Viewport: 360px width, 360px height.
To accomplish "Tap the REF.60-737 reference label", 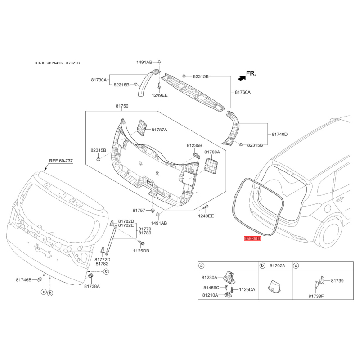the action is pos(61,161).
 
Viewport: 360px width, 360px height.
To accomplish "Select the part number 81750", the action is pos(122,106).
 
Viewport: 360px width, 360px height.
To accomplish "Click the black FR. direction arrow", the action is pos(242,78).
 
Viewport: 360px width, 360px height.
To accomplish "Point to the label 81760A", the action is pos(243,92).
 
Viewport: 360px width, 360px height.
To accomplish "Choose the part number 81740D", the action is pos(279,134).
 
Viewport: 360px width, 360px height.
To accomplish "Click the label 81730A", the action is pos(99,80).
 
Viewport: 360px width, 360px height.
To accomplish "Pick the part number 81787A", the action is pos(159,130).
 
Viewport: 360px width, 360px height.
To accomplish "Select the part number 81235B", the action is pos(195,146).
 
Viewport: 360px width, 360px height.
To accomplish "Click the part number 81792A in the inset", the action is pos(278,266).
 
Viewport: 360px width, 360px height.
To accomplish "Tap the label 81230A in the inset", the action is pos(210,277).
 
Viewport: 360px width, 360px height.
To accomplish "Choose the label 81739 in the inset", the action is pos(337,280).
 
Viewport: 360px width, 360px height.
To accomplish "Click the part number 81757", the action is pos(139,210).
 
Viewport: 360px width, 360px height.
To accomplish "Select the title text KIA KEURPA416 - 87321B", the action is pos(57,63).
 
